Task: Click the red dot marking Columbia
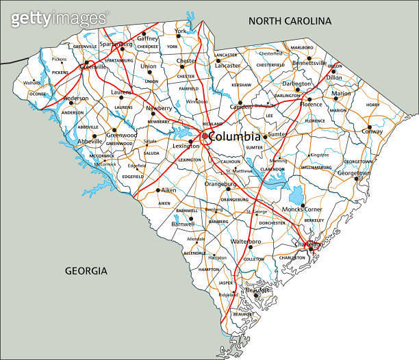tap(204, 136)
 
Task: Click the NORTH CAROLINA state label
tap(290, 21)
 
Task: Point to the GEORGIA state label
tap(86, 271)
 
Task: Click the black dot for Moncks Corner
tap(303, 205)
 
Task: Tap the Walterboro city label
tap(246, 242)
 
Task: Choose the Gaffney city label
tap(147, 39)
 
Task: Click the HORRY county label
tap(372, 105)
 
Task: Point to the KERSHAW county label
tap(241, 84)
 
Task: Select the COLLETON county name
tap(253, 259)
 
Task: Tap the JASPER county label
tap(225, 282)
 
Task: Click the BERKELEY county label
tap(314, 220)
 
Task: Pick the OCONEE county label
tap(38, 94)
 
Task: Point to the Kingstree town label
tap(320, 155)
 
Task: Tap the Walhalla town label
tap(32, 82)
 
